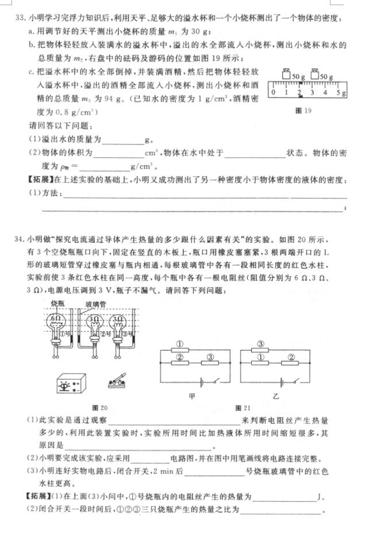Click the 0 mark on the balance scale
[x=274, y=92]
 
